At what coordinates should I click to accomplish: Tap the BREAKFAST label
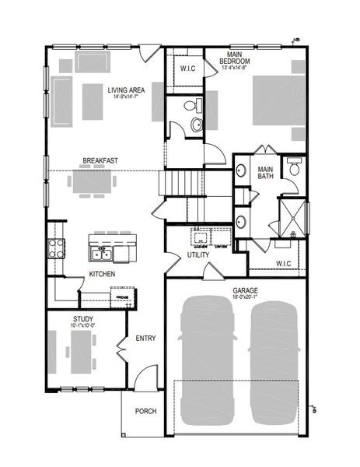click(x=100, y=161)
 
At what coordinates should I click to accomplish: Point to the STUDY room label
click(x=83, y=319)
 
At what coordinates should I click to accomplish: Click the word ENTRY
click(x=145, y=339)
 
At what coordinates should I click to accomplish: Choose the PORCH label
click(x=146, y=411)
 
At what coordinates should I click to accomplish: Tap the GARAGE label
click(x=244, y=290)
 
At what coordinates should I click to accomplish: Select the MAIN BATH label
click(x=265, y=171)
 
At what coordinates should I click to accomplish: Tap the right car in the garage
click(x=274, y=364)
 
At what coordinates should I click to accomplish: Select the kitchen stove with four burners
click(x=57, y=249)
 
